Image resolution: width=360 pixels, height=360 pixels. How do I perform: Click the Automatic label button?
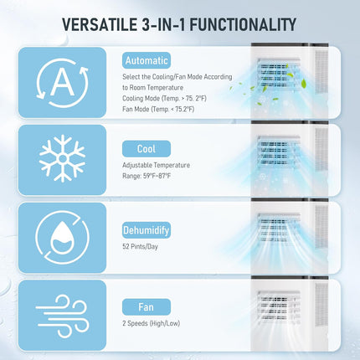point(147,60)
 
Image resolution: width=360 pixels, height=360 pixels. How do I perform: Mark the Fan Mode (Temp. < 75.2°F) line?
point(164,109)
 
